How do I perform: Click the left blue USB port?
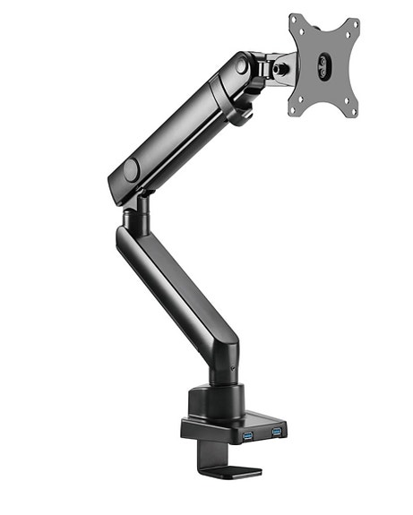point(247,434)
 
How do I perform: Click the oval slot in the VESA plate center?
point(324,64)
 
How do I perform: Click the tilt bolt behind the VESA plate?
point(285,64)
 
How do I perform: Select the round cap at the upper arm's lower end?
point(132,169)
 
